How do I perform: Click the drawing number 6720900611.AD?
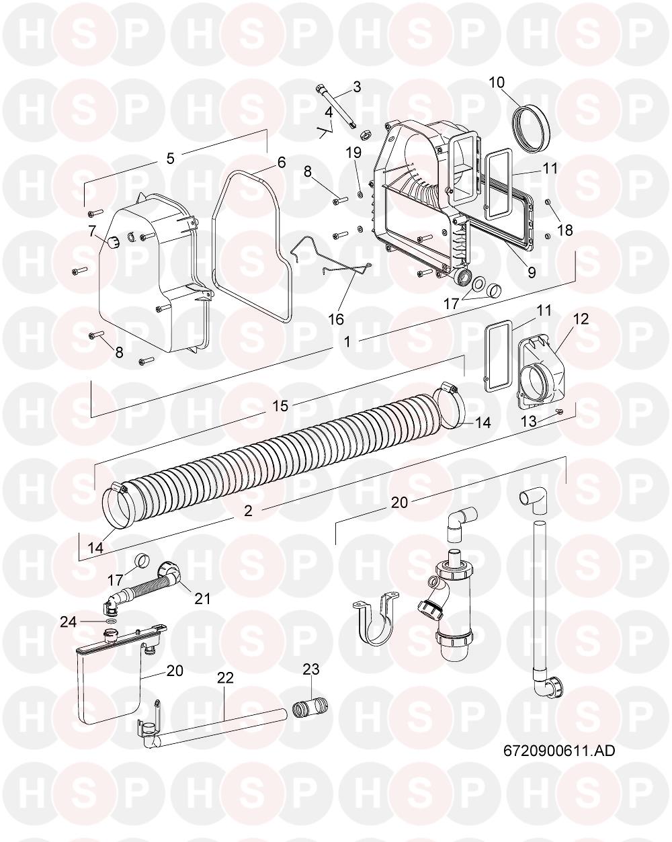[x=558, y=751]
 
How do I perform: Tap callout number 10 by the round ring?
[x=497, y=82]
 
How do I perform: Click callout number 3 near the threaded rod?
[x=357, y=87]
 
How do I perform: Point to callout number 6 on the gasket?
[x=282, y=162]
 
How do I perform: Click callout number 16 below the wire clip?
[x=336, y=319]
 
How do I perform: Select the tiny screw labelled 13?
[x=559, y=410]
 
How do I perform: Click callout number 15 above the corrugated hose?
[x=280, y=406]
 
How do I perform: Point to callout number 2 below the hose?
[x=248, y=511]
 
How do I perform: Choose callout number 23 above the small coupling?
[x=311, y=669]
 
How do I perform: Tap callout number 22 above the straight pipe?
[x=225, y=677]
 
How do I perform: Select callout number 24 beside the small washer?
[x=69, y=622]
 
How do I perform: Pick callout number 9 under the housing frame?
[x=531, y=272]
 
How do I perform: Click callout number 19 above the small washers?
[x=353, y=153]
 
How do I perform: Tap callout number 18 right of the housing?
[x=565, y=230]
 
